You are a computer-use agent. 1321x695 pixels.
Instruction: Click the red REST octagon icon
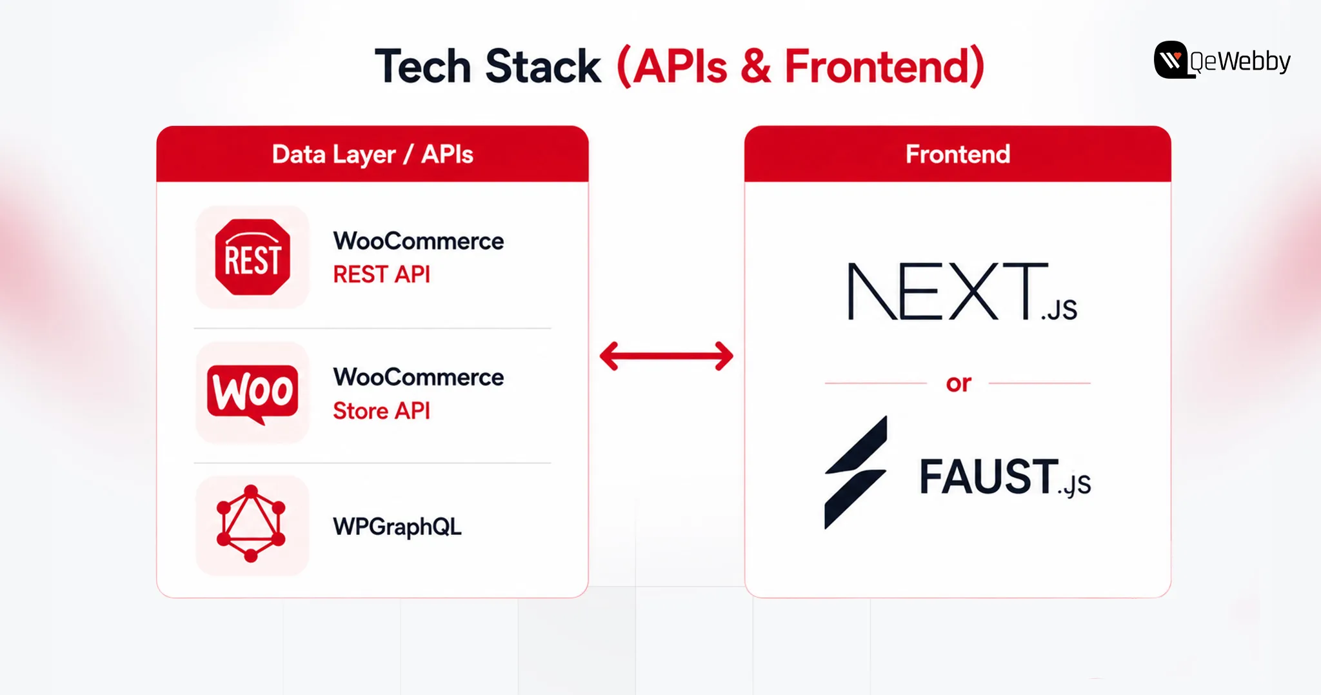coord(252,257)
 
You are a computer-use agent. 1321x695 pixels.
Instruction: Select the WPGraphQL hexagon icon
coord(251,523)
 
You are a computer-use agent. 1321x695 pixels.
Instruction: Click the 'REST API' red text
coord(381,274)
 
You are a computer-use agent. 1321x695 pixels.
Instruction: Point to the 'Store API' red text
coord(381,411)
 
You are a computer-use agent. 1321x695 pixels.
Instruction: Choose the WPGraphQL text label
coord(397,527)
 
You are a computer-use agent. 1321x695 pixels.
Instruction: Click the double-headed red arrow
coord(666,356)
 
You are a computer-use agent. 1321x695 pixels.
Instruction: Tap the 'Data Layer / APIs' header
coord(373,155)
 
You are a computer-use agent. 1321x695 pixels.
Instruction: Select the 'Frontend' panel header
coord(958,154)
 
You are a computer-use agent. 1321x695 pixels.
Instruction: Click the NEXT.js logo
coord(962,292)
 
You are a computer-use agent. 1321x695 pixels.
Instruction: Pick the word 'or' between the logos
coord(958,383)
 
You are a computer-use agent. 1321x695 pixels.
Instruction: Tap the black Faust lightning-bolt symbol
coord(856,472)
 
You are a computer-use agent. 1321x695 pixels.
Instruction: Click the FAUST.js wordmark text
coord(1005,478)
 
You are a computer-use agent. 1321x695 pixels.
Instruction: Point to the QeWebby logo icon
coord(1171,60)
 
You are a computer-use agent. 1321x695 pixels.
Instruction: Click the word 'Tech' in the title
coord(423,66)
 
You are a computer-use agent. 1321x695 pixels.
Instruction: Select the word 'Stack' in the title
coord(542,66)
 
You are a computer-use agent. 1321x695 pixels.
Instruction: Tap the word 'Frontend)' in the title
coord(884,66)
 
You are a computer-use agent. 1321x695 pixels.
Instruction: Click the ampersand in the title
coord(756,66)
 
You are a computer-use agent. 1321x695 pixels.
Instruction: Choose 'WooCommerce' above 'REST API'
coord(419,241)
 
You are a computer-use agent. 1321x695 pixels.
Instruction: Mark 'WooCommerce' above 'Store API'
coord(419,377)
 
